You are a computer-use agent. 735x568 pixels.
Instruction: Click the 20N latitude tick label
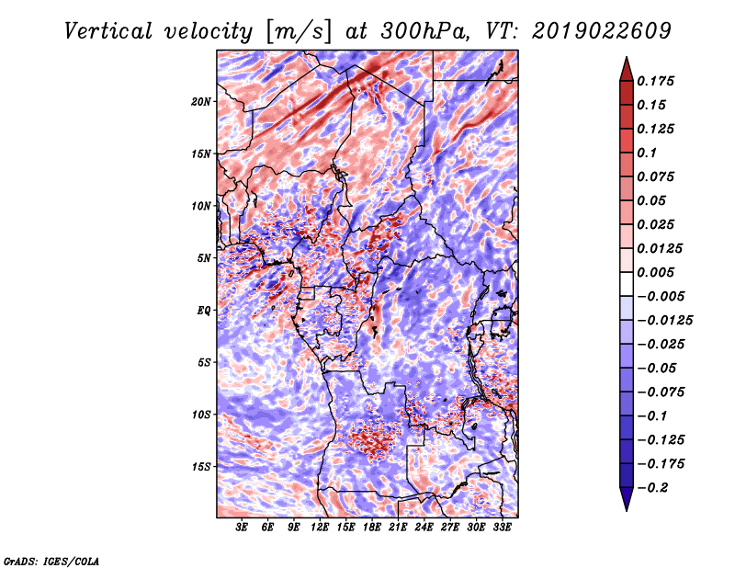(201, 102)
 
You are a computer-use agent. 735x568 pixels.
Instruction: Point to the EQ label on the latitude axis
(204, 311)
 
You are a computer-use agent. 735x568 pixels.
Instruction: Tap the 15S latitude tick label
(201, 467)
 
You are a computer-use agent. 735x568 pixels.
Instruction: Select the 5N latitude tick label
(204, 258)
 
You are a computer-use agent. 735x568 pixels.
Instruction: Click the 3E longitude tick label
(242, 528)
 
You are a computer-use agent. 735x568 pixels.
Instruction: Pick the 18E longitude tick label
(372, 528)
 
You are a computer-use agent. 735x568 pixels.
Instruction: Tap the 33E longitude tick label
(502, 528)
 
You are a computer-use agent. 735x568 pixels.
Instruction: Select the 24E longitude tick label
(424, 528)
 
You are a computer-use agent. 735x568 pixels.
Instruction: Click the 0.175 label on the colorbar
(655, 81)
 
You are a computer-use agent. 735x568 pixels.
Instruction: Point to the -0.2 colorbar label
(652, 488)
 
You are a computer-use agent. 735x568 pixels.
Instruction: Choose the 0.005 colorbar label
(655, 272)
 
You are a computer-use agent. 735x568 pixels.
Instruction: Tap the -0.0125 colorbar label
(664, 321)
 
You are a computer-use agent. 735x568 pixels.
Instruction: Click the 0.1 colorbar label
(647, 153)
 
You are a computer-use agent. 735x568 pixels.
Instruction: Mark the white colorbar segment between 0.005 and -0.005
(627, 284)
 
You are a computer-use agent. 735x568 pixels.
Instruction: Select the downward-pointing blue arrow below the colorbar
(627, 498)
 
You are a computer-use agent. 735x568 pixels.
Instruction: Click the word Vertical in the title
(107, 31)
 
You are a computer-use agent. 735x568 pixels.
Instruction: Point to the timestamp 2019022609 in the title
(602, 31)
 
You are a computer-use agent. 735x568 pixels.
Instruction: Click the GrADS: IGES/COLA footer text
(51, 561)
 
